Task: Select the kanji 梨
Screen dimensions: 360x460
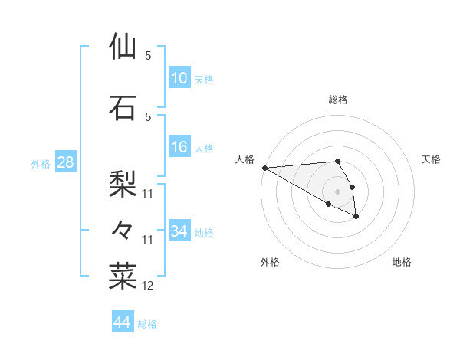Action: [x=123, y=183]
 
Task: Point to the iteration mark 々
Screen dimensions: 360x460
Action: [x=123, y=229]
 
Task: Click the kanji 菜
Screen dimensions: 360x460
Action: [x=123, y=277]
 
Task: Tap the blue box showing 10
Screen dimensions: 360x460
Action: [x=179, y=77]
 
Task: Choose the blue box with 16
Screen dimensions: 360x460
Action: [x=179, y=146]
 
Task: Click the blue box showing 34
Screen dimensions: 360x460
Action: [x=179, y=231]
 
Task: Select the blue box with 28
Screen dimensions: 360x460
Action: [x=64, y=162]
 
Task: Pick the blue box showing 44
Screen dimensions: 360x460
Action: [x=122, y=322]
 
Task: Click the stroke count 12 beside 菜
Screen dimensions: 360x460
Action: [x=148, y=286]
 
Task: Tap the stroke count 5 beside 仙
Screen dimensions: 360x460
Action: [x=148, y=55]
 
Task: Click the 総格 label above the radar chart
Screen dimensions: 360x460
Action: [x=338, y=100]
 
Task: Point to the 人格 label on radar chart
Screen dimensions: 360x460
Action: [x=245, y=159]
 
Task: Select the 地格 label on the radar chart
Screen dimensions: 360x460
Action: [x=402, y=262]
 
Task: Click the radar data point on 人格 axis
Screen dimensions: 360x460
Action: [x=264, y=168]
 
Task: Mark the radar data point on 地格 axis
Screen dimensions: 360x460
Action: [x=356, y=217]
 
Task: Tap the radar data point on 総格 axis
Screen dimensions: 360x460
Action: [x=337, y=161]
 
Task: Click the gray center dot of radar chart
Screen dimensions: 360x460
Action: [x=337, y=191]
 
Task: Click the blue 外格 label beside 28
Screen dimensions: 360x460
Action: [x=41, y=163]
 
